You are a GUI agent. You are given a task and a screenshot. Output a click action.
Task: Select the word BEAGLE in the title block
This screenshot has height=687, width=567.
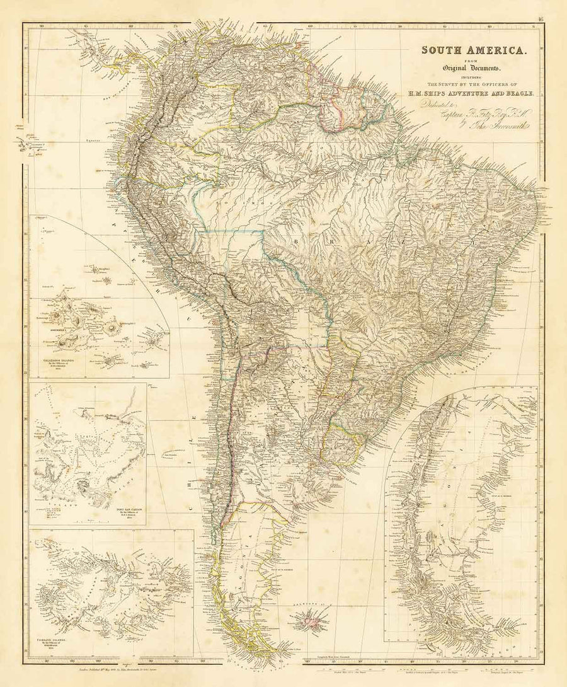520,93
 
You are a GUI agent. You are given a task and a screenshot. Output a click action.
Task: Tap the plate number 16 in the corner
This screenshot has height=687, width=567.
541,19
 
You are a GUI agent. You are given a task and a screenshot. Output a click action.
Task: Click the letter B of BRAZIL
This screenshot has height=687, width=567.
294,240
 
